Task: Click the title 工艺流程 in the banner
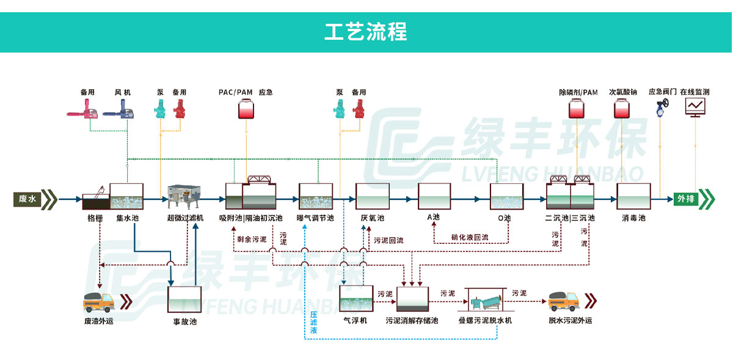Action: point(366,32)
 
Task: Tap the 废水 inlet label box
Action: point(28,199)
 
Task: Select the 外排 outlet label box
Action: point(686,199)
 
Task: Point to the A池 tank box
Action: point(434,197)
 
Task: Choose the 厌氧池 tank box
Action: point(372,197)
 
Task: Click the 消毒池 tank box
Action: point(633,197)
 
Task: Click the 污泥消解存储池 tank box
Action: point(412,300)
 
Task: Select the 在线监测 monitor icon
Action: point(695,108)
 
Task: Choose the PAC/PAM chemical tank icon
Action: point(246,110)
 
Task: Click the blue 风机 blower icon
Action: point(120,110)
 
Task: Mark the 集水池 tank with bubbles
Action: point(126,197)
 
